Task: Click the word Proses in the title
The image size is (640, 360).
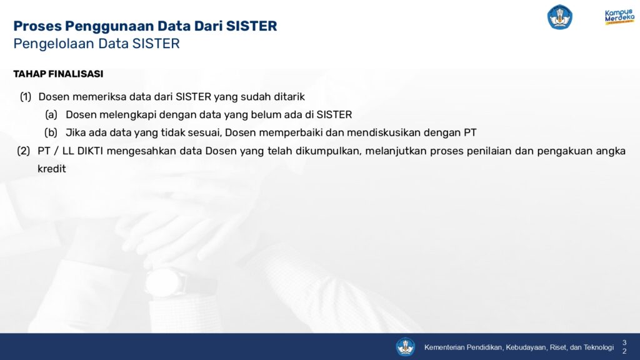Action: (37, 26)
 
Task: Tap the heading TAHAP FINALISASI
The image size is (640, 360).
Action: (58, 74)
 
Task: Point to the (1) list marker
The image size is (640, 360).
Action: (26, 97)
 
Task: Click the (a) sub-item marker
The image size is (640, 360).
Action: (51, 115)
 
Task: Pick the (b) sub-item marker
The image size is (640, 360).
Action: (51, 132)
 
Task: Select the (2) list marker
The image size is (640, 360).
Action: (24, 151)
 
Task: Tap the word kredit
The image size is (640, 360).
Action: (52, 169)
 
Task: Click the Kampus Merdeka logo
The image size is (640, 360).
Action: (619, 17)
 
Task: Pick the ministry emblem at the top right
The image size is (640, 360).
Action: (559, 17)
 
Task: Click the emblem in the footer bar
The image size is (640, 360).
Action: (405, 347)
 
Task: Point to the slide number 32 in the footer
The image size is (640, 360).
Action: (624, 347)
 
